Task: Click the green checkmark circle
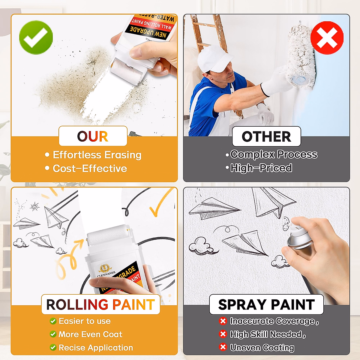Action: pos(36,37)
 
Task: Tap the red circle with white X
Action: pos(327,38)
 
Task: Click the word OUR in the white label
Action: pos(93,136)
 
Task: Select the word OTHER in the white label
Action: pos(266,137)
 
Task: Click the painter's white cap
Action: pos(214,59)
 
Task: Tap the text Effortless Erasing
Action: pos(97,155)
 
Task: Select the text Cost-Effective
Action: pos(90,169)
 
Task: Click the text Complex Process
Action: pos(274,154)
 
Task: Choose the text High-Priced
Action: pos(261,168)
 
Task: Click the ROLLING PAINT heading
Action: pos(100,304)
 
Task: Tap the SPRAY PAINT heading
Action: pos(266,304)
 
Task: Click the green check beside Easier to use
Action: pos(53,321)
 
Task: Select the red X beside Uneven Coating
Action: pos(223,347)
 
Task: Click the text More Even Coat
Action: pos(90,334)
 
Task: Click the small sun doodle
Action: pos(35,206)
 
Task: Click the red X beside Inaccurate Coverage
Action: pos(223,321)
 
